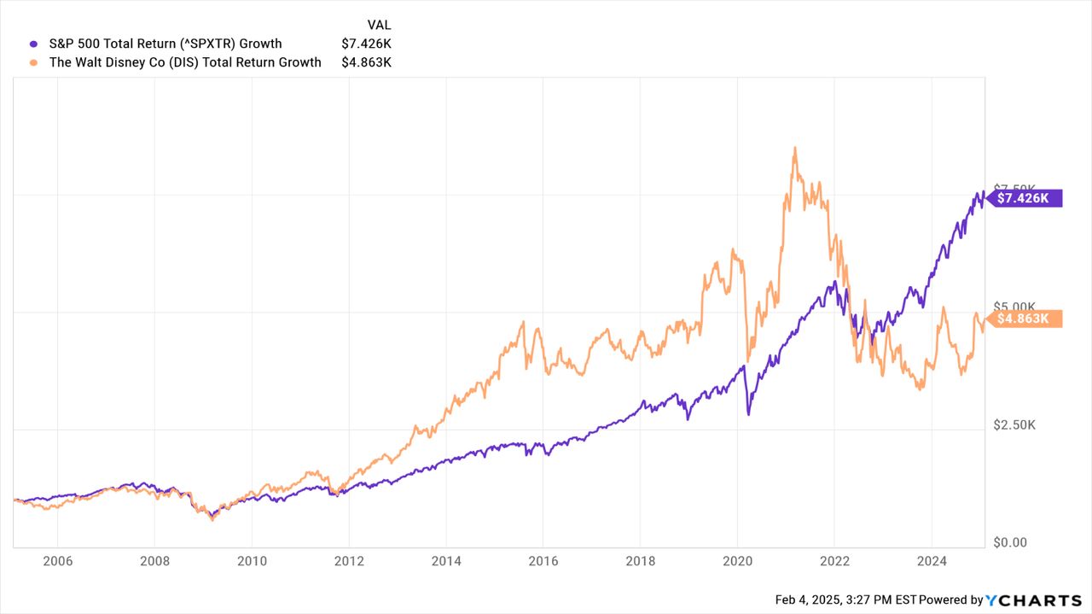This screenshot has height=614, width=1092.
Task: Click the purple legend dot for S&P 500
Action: pyautogui.click(x=34, y=44)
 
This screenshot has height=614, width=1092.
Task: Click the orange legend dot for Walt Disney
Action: pyautogui.click(x=34, y=62)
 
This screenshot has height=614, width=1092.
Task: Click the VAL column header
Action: pyautogui.click(x=379, y=25)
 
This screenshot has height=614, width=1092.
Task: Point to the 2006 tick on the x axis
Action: pyautogui.click(x=56, y=561)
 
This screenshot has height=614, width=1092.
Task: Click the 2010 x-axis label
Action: pyautogui.click(x=251, y=561)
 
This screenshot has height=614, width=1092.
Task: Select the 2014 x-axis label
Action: pyautogui.click(x=445, y=561)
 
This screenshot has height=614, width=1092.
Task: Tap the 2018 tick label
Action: pyautogui.click(x=640, y=561)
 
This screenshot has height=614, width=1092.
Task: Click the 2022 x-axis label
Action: pyautogui.click(x=834, y=561)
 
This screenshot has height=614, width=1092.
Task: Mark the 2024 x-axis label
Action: pyautogui.click(x=932, y=561)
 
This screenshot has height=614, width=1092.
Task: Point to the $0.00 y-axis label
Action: pyautogui.click(x=1010, y=542)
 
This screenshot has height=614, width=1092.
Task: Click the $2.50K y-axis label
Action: pyautogui.click(x=1014, y=424)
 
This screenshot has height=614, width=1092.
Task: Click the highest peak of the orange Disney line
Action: pyautogui.click(x=794, y=148)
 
